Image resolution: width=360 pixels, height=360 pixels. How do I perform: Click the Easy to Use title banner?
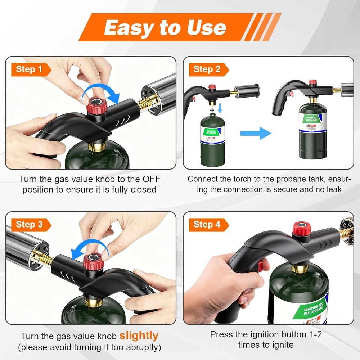click(166, 27)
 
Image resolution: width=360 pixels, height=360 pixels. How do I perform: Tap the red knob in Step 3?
click(93, 262)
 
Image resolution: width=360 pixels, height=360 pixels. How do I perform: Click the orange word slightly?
click(139, 336)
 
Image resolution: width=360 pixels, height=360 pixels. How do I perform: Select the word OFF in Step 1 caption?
click(151, 179)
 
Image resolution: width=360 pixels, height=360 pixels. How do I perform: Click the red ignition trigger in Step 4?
click(260, 267)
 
